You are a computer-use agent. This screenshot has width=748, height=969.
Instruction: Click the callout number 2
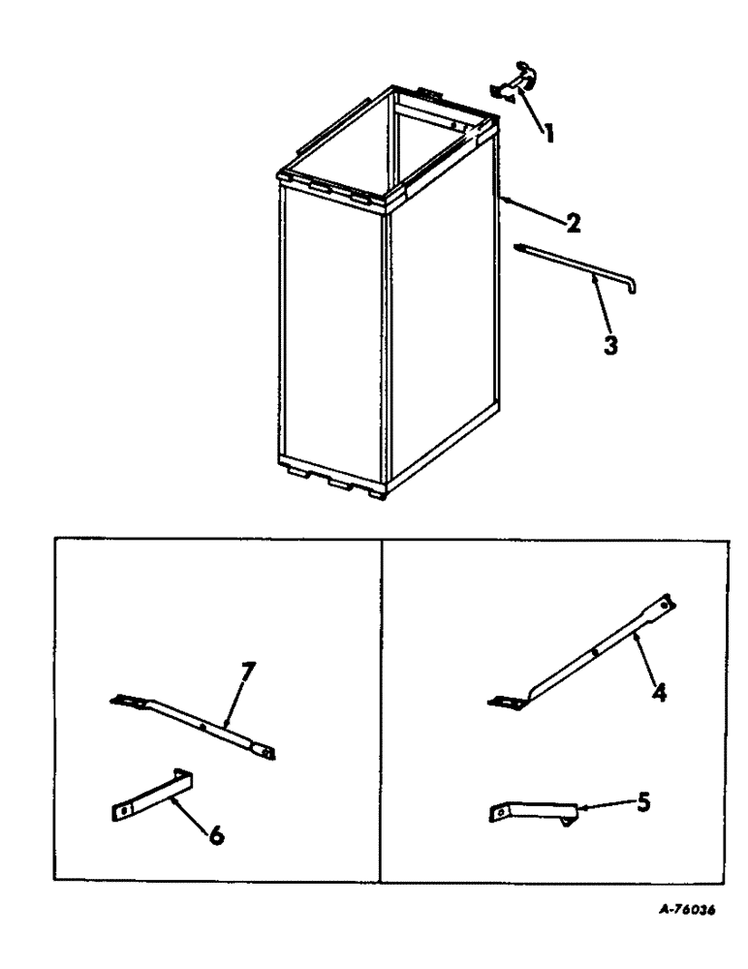pyautogui.click(x=574, y=225)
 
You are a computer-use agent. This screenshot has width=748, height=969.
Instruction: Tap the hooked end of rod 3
pyautogui.click(x=631, y=288)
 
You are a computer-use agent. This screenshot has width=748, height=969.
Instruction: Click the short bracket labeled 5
pyautogui.click(x=533, y=811)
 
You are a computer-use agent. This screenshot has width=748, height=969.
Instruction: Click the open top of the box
pyautogui.click(x=388, y=141)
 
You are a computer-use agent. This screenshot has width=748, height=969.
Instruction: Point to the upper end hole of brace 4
pyautogui.click(x=665, y=603)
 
